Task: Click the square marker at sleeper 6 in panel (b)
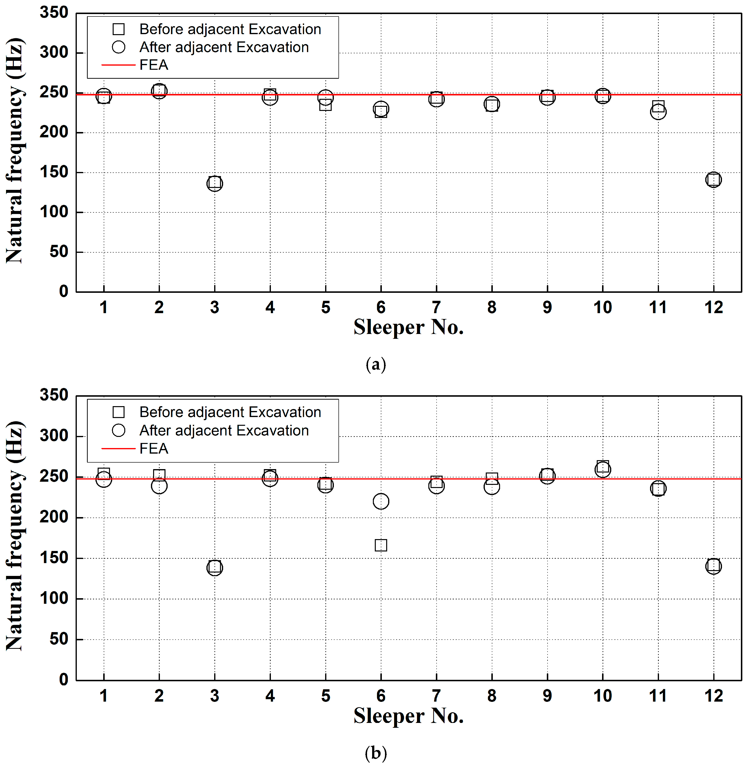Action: coord(381,545)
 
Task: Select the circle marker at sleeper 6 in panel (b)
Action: coord(381,501)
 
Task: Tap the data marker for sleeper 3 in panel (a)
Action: coord(214,183)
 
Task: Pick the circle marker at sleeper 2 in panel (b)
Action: coord(159,486)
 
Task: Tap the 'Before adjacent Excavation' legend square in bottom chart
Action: coord(119,412)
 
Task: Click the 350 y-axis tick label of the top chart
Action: coord(54,13)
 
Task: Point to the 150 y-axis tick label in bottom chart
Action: coord(54,558)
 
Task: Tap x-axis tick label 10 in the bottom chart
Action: coord(603,696)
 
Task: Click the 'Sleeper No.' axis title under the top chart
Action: coord(408,327)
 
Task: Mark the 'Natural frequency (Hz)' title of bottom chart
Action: coord(15,536)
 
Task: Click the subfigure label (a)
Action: coord(376,364)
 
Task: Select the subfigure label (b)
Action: coord(376,752)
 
